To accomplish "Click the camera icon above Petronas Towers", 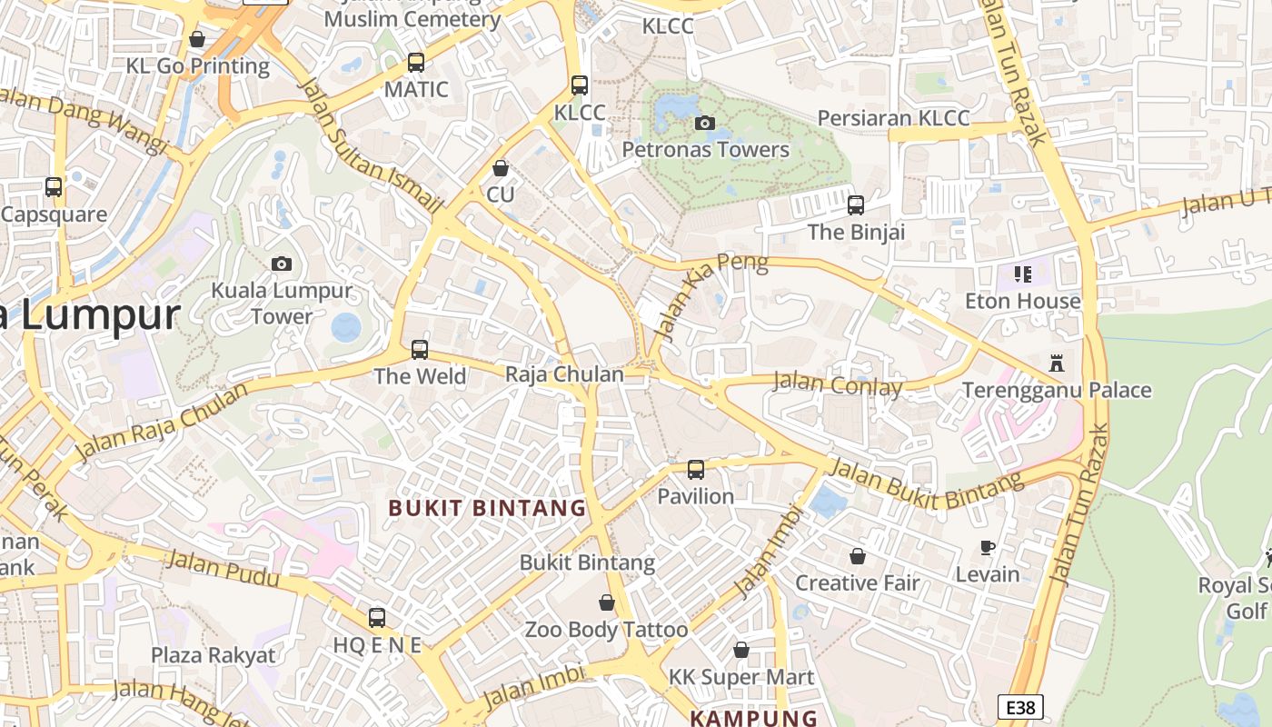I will [x=704, y=123].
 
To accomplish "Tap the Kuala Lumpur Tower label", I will [x=282, y=304].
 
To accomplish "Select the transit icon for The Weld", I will [x=420, y=350].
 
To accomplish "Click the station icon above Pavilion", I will [x=696, y=470].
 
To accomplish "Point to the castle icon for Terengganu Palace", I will [x=1056, y=363].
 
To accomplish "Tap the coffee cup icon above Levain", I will [x=988, y=547].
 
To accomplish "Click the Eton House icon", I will [x=1023, y=274].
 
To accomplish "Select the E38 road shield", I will [x=1020, y=707].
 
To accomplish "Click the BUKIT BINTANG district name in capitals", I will [x=487, y=508].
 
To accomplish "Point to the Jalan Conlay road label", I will [x=837, y=383].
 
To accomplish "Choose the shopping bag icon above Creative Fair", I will [x=858, y=556].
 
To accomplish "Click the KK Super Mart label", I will [x=741, y=677].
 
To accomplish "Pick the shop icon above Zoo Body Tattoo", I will [x=607, y=603].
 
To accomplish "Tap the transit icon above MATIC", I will [x=416, y=63].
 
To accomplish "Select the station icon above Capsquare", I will [x=54, y=187].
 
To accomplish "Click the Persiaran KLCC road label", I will [x=893, y=118].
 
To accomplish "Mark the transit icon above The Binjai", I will [x=856, y=205].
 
